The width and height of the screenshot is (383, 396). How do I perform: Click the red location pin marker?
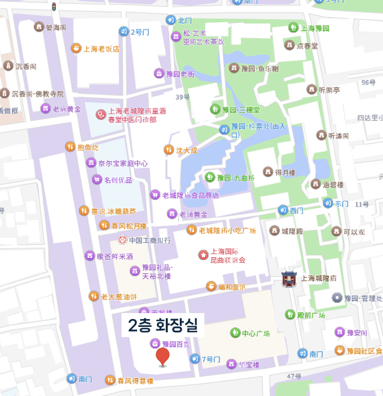pyautogui.click(x=162, y=356)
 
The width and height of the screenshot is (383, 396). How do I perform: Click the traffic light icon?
pyautogui.click(x=54, y=7)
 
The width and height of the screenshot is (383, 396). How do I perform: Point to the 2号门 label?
pyautogui.click(x=139, y=32)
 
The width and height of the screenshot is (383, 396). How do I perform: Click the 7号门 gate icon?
pyautogui.click(x=195, y=359)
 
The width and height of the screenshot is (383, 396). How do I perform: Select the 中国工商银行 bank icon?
pyautogui.click(x=121, y=240)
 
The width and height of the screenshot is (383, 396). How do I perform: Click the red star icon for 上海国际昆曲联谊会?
pyautogui.click(x=203, y=255)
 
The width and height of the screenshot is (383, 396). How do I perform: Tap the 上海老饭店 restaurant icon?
pyautogui.click(x=76, y=49)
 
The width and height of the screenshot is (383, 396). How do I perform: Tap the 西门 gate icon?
pyautogui.click(x=283, y=210)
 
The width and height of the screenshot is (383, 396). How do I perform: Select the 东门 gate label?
pyautogui.click(x=341, y=204)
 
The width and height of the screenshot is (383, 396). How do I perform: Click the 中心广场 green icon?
pyautogui.click(x=235, y=333)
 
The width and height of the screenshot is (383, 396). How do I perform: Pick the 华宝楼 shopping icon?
pyautogui.click(x=231, y=364)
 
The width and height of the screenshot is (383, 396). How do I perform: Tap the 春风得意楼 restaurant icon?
pyautogui.click(x=110, y=380)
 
